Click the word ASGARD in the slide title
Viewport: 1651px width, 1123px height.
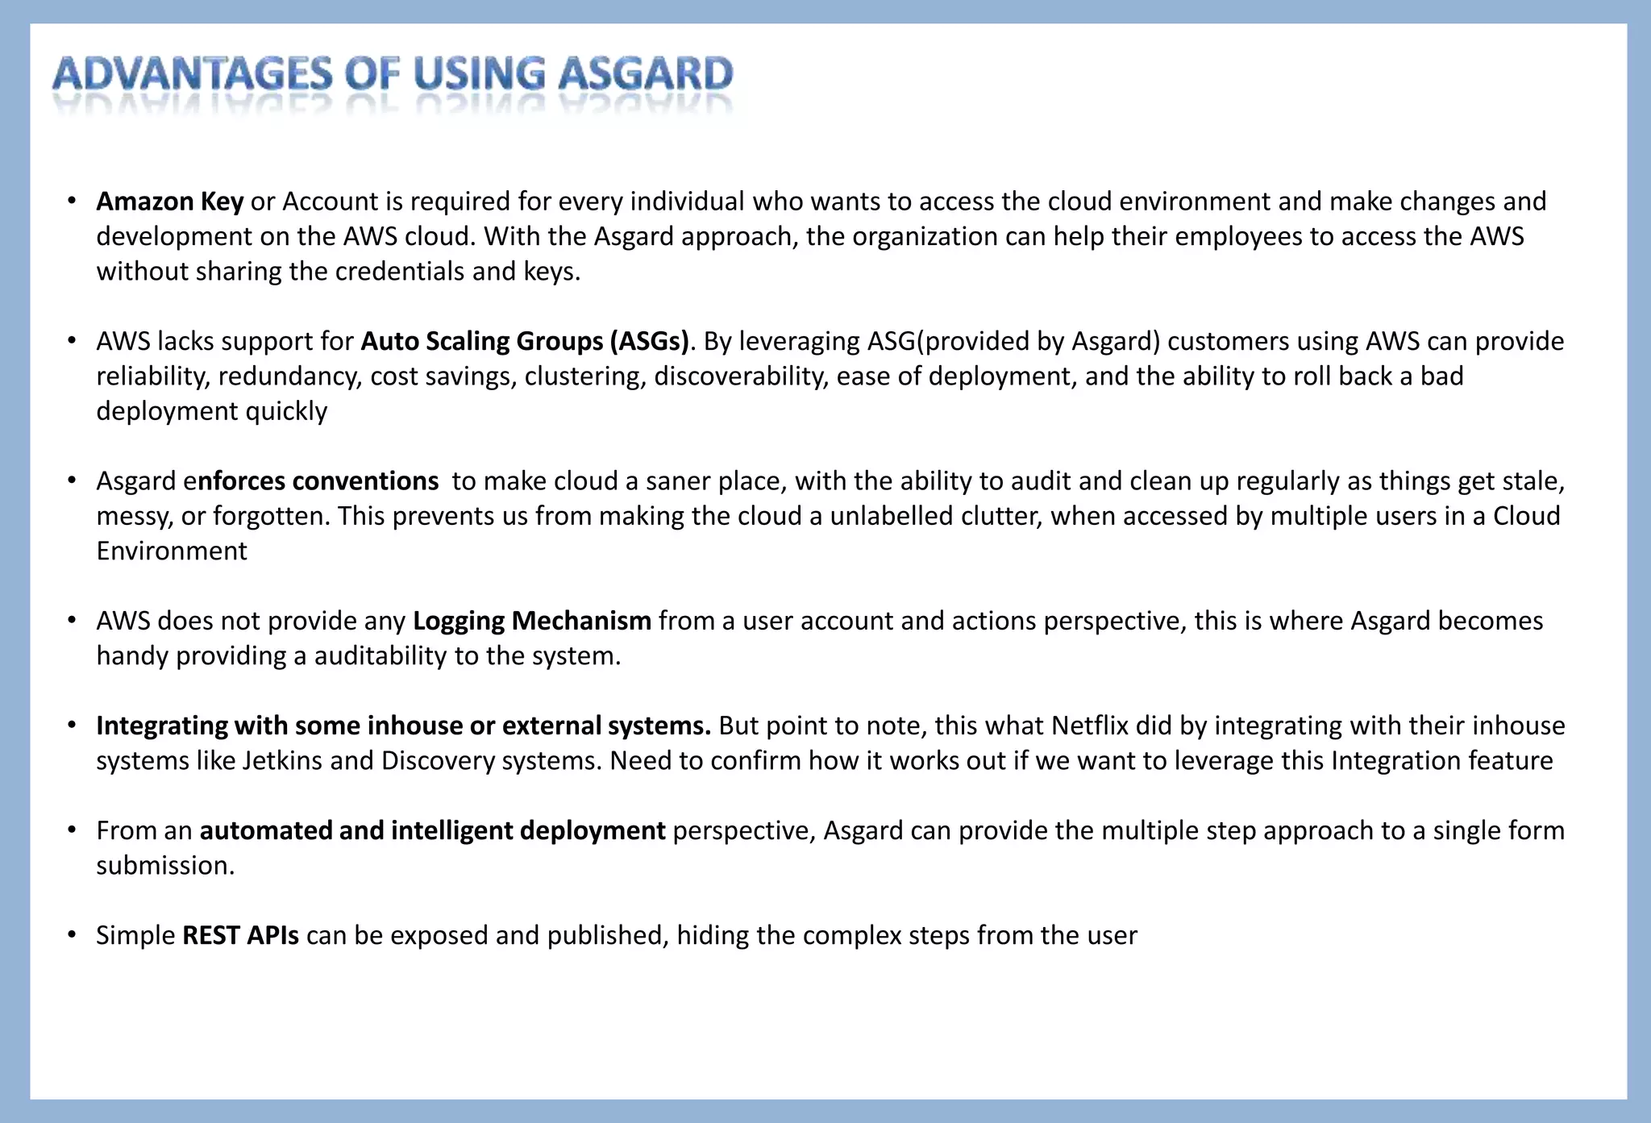pos(646,75)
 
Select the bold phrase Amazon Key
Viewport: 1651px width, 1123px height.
pos(169,202)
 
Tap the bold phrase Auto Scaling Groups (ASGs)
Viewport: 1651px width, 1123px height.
pos(525,342)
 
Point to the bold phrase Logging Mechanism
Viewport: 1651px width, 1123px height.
pos(532,622)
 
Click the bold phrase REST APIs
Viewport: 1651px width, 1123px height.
pos(240,936)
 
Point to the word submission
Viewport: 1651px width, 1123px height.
pos(164,866)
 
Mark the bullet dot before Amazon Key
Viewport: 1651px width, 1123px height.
pos(72,202)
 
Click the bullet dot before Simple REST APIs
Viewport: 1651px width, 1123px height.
pos(72,936)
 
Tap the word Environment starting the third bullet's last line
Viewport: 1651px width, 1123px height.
pos(172,551)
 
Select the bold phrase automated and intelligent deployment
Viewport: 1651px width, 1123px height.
pos(432,831)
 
